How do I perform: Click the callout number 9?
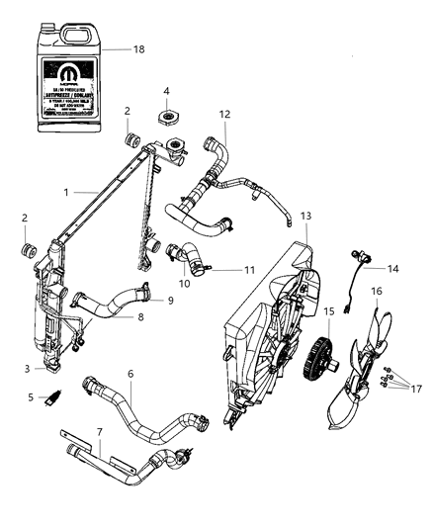170,300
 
